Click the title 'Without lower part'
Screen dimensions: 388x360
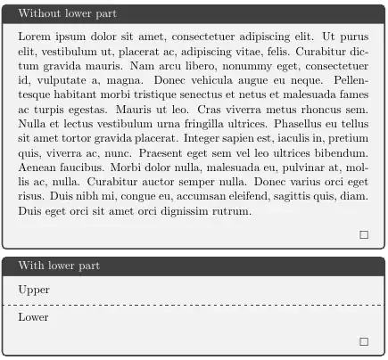67,13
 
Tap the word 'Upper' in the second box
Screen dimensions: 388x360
34,290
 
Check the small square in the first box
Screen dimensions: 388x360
363,235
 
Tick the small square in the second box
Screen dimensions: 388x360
363,341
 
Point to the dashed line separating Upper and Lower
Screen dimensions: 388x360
194,305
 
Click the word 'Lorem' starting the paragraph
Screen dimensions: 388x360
33,37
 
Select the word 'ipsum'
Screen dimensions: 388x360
70,37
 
